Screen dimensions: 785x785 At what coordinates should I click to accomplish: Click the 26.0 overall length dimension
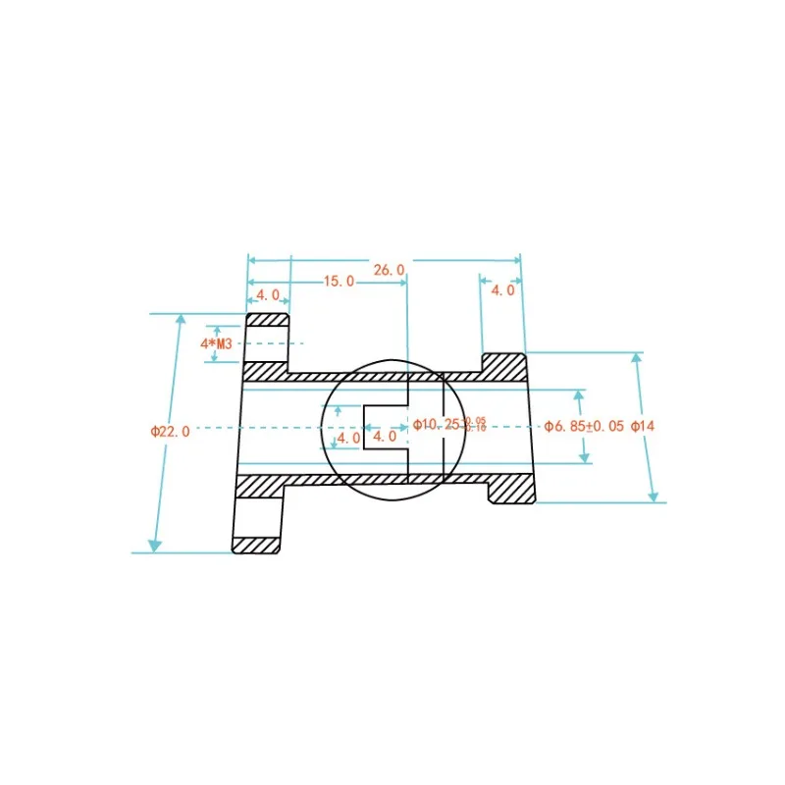point(389,269)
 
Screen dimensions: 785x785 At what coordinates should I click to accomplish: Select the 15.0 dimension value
point(339,282)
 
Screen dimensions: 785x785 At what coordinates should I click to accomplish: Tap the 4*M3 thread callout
point(216,343)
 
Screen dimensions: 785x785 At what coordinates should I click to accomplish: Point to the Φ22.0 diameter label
point(170,431)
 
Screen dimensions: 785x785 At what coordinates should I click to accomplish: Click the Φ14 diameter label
point(642,426)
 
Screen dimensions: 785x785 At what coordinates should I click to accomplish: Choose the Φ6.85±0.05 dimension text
point(585,426)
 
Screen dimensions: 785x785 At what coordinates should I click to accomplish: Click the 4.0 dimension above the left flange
point(268,294)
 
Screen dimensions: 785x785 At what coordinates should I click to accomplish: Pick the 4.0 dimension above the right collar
point(501,290)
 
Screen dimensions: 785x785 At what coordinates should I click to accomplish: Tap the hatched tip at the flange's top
point(267,320)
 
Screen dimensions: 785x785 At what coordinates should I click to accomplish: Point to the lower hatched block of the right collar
point(512,489)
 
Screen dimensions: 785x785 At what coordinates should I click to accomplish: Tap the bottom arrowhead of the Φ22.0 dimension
point(154,546)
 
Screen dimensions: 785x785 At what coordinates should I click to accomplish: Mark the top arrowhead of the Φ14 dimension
point(636,359)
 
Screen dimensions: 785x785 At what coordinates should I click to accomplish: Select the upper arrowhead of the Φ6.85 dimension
point(579,395)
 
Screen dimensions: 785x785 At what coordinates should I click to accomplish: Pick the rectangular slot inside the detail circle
point(386,427)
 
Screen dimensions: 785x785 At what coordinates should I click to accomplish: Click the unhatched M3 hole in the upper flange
point(266,344)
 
